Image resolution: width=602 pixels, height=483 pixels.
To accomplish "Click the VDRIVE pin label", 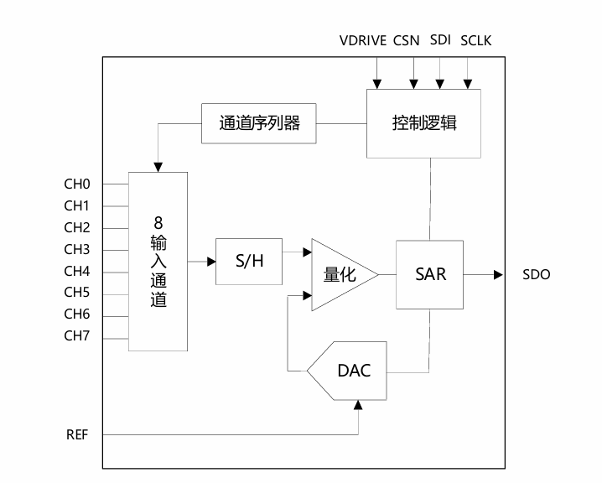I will tap(362, 40).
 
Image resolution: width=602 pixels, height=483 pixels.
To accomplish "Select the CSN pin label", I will tap(407, 40).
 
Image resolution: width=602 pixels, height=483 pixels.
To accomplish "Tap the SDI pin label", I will tap(440, 40).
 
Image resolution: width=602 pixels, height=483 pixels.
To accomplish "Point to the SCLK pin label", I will tap(477, 40).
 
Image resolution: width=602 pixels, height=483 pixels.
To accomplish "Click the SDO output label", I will tap(537, 274).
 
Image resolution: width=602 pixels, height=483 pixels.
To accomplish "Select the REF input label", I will tap(77, 434).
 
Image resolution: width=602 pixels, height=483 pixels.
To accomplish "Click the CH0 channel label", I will tap(77, 184).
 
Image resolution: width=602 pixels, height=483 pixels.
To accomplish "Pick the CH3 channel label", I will tap(77, 249).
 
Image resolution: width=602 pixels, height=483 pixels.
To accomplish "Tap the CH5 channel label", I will tap(77, 293).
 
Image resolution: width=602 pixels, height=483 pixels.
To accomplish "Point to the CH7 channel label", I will tap(77, 336).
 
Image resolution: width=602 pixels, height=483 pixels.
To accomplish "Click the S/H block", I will tap(249, 261).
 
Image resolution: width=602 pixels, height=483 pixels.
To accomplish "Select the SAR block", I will tap(430, 274).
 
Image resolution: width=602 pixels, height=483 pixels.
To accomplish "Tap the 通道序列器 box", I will tap(259, 123).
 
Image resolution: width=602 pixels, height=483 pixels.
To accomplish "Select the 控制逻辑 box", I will tap(424, 122).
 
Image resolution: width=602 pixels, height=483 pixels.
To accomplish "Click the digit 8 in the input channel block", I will tap(158, 223).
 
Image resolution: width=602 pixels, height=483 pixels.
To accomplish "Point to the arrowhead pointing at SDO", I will tap(498, 274).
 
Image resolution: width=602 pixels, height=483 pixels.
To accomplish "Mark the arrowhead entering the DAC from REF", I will tap(359, 405).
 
